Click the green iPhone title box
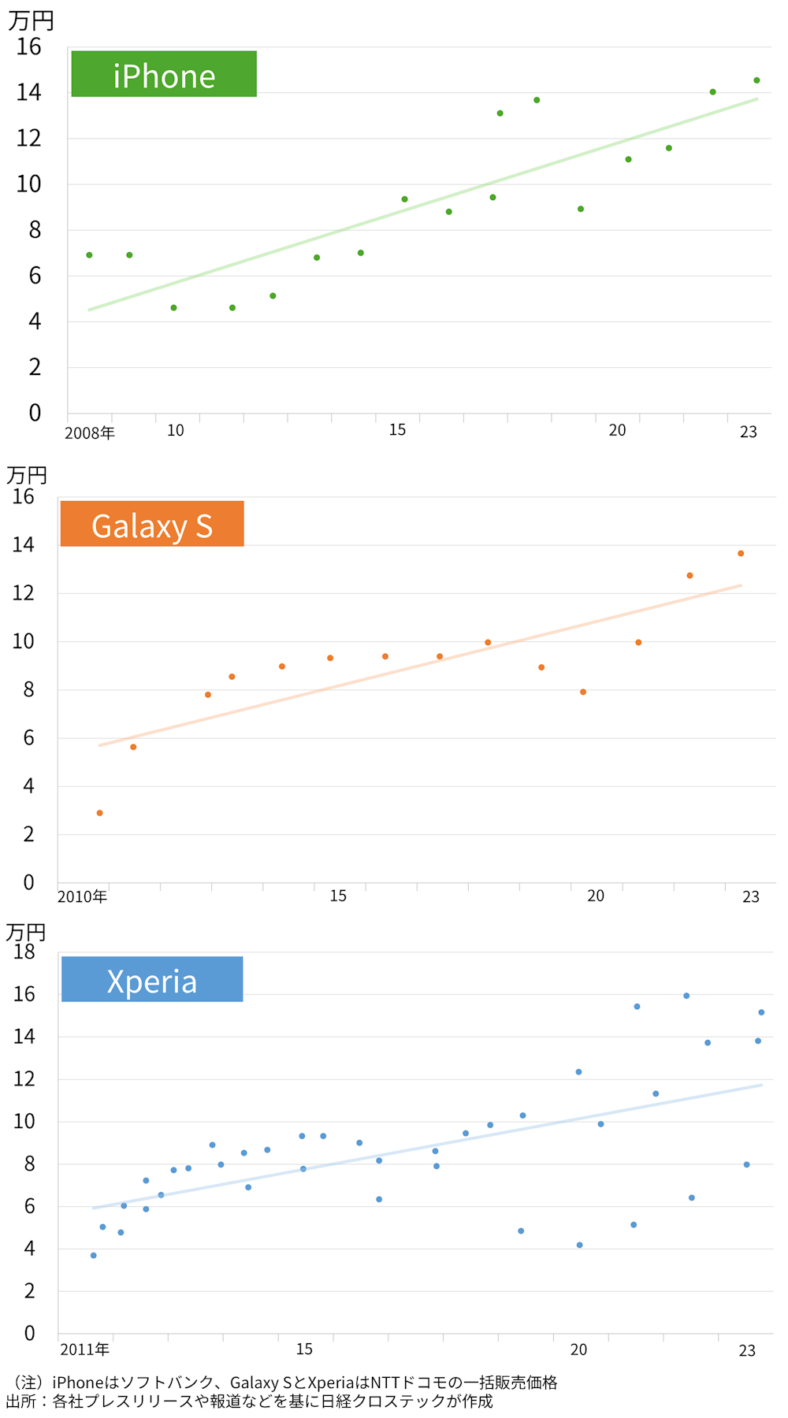(164, 74)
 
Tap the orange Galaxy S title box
(152, 524)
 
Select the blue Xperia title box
(152, 979)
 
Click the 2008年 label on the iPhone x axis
(90, 432)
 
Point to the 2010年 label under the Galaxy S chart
(82, 896)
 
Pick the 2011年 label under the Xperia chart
(84, 1349)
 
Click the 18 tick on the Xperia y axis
(24, 952)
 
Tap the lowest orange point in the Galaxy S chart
(100, 813)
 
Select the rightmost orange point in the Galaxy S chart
(741, 554)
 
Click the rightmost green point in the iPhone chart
(756, 80)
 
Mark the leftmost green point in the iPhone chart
(89, 255)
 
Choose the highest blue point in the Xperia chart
(686, 996)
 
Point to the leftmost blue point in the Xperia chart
(94, 1256)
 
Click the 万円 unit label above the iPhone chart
(31, 20)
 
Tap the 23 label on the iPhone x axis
(748, 432)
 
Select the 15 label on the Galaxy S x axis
(338, 896)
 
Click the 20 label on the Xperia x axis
(578, 1349)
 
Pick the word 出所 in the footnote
(21, 1401)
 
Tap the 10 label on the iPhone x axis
(175, 431)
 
